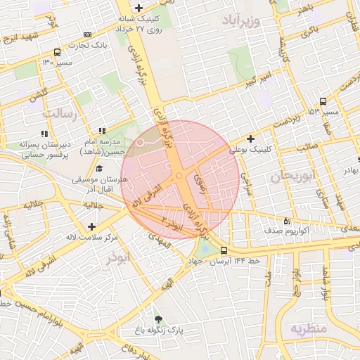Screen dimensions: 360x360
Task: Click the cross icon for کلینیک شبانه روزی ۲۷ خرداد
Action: point(139,8)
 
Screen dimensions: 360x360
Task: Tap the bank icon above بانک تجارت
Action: point(86,34)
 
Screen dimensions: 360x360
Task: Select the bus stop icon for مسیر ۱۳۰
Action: point(57,52)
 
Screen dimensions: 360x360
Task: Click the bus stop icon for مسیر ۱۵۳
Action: point(322,101)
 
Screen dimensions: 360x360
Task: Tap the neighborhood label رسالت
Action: point(58,112)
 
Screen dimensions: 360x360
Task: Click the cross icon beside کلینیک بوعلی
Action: point(251,139)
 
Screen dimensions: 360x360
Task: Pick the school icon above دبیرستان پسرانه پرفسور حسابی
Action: point(44,133)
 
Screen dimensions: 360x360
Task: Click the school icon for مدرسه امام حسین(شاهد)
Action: point(103,131)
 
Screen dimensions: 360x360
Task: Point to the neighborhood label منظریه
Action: point(309,328)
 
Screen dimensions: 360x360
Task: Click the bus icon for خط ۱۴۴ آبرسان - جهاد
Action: point(224,250)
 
